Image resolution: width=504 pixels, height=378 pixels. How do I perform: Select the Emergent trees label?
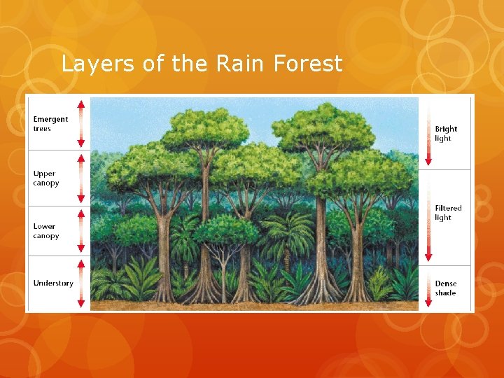[50, 124]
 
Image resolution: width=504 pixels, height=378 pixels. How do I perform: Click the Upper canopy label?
[45, 178]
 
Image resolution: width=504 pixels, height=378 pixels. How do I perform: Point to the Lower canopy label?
[45, 231]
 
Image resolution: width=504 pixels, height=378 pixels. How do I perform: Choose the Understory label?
[52, 283]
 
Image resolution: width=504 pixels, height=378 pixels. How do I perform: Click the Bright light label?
[446, 133]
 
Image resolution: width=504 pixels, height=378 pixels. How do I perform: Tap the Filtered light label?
[448, 213]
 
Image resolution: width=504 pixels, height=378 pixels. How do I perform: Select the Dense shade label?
[446, 288]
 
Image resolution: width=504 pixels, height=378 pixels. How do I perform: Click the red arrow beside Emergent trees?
[81, 123]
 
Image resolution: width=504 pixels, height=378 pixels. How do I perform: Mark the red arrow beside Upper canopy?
[81, 178]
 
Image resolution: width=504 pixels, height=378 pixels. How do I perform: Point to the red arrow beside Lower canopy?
[81, 231]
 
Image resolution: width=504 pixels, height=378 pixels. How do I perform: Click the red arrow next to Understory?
[81, 283]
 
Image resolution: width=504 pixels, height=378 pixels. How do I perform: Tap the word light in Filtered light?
[443, 218]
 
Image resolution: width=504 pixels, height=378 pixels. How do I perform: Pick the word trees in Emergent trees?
[42, 129]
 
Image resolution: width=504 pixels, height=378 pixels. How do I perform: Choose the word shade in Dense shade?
[445, 293]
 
